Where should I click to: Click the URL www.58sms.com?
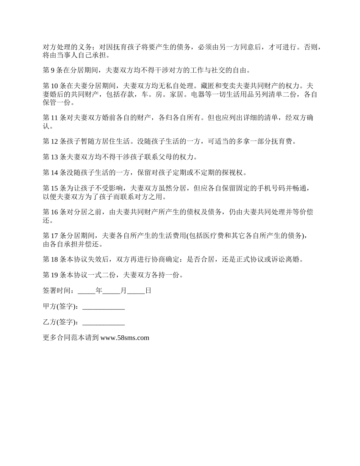[125, 338]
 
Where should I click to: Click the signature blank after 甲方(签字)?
[103, 307]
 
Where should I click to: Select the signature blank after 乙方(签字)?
[103, 323]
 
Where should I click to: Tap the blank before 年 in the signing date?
[86, 292]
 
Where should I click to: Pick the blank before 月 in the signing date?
[111, 292]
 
